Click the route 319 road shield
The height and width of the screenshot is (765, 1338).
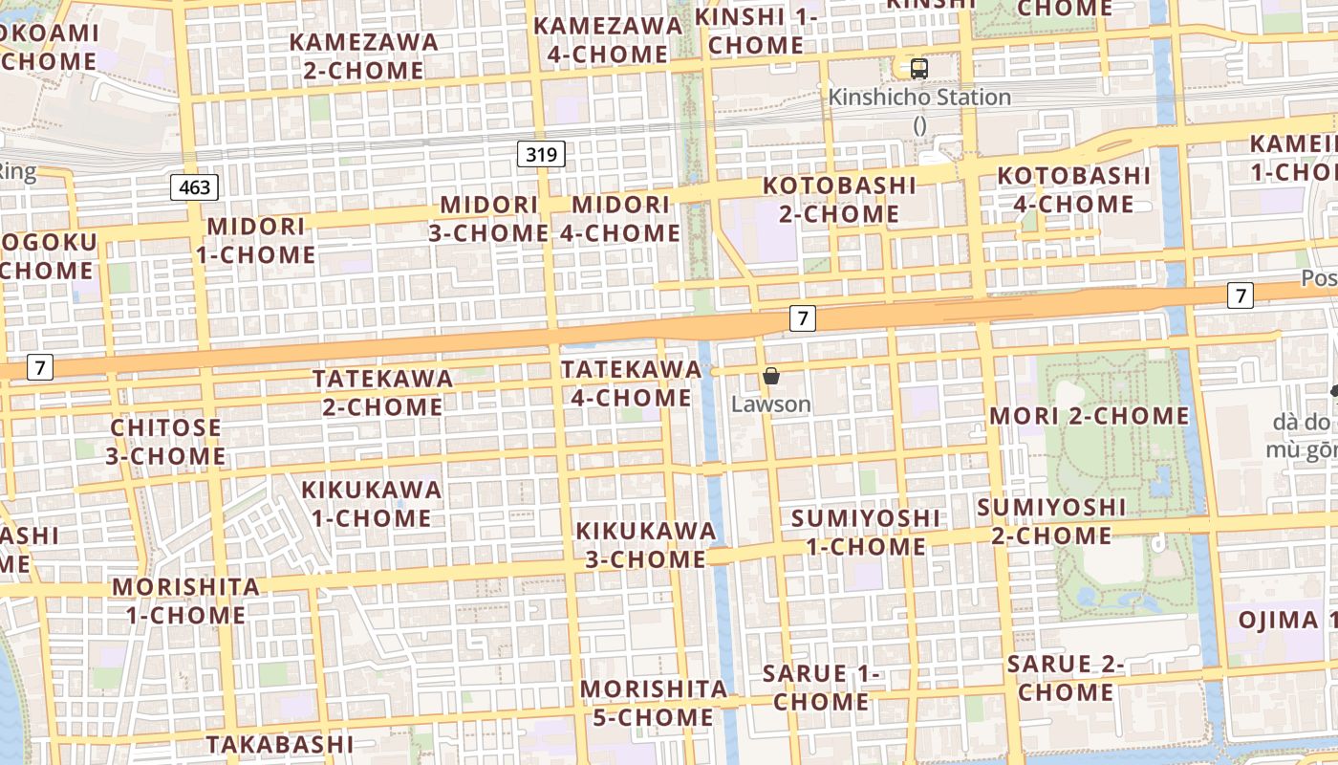542,153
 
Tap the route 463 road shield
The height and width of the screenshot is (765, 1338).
194,187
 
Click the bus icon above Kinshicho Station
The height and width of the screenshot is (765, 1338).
918,68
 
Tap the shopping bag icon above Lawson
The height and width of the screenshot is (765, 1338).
771,376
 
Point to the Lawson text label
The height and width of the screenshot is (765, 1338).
771,404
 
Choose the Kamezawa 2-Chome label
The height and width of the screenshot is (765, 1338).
364,55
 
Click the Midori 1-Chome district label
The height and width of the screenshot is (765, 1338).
256,240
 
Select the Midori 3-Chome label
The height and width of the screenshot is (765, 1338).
488,218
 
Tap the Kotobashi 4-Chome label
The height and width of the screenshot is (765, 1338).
1074,189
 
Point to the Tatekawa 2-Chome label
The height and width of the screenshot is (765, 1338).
382,392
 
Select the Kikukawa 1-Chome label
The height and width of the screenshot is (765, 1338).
372,503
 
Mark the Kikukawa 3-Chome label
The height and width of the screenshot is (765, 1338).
645,544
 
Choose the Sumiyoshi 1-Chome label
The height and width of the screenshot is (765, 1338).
866,532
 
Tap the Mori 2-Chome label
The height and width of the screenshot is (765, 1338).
1090,416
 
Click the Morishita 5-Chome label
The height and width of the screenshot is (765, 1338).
654,703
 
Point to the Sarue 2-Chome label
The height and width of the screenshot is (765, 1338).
1066,677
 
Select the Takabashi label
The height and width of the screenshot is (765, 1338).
280,744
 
